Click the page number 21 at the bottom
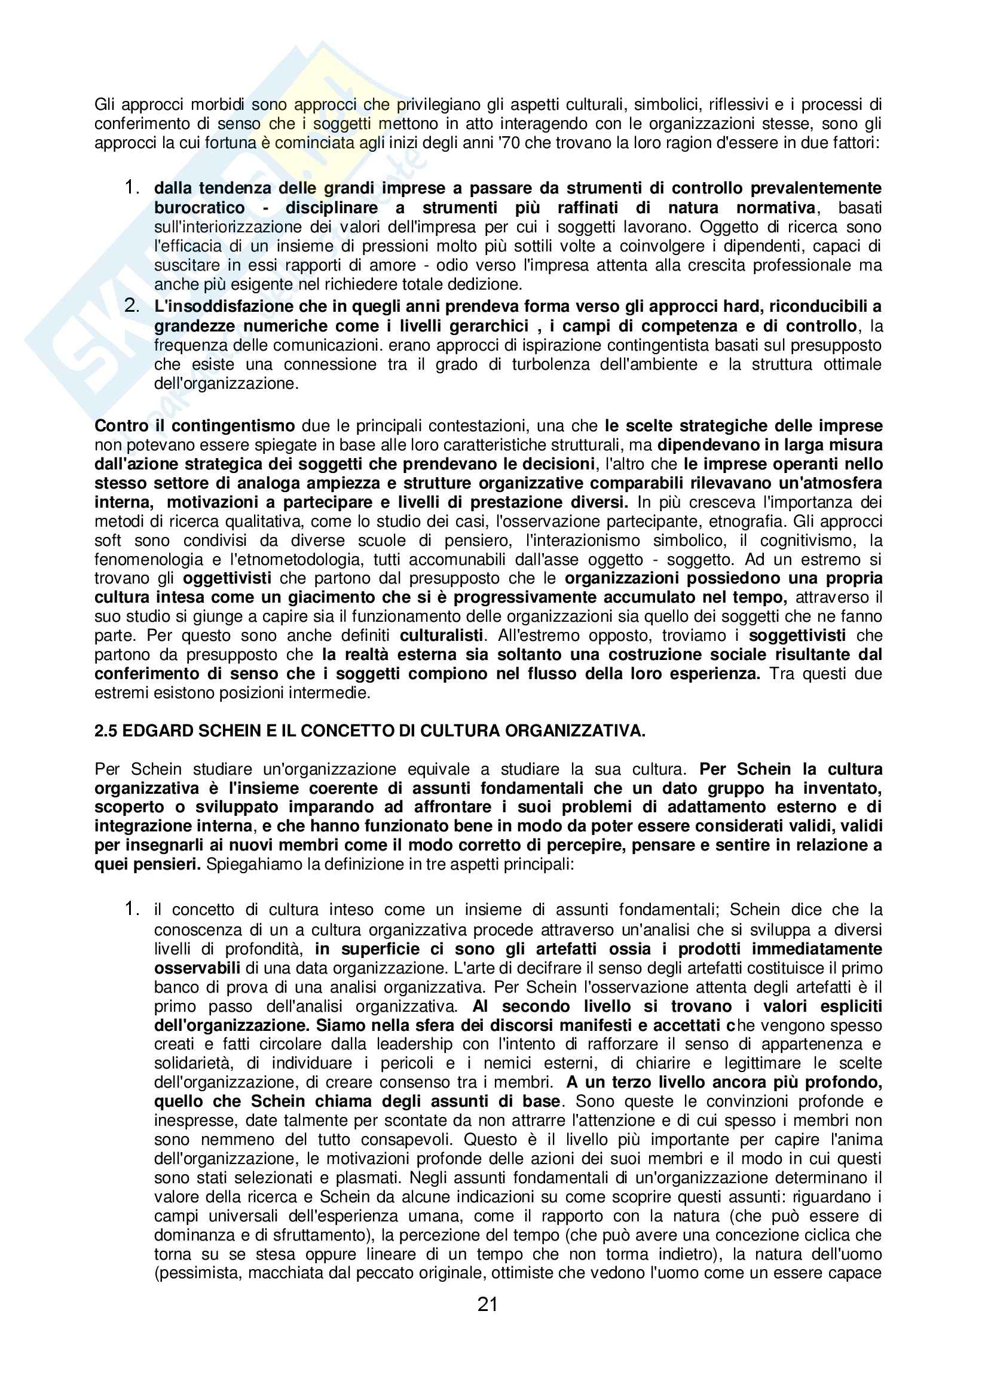[x=488, y=1304]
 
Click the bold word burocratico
[x=200, y=207]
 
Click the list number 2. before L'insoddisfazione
[x=132, y=306]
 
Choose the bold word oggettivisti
[x=227, y=578]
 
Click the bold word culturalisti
[x=442, y=635]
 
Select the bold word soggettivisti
[x=797, y=635]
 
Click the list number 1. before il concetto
[x=132, y=909]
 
